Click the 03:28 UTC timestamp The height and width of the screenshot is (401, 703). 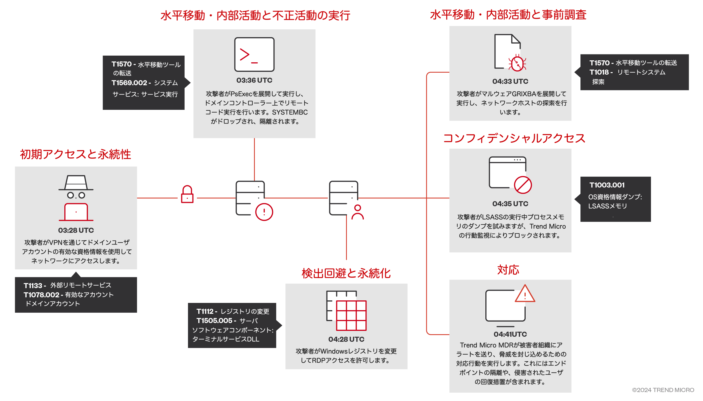76,230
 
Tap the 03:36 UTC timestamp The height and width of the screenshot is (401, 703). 254,80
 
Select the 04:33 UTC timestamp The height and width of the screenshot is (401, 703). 510,81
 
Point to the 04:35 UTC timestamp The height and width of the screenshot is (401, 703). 510,204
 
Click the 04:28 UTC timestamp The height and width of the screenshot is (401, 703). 346,339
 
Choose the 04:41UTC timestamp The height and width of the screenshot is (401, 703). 510,334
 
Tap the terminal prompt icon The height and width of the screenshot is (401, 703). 254,54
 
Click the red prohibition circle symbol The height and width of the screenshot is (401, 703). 523,185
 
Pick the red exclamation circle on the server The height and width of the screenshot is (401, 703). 264,212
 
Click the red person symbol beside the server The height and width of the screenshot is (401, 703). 357,212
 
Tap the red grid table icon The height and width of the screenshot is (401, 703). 351,315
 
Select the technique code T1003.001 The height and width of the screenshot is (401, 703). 607,185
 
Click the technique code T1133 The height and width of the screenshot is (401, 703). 33,286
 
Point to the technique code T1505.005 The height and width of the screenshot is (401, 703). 214,321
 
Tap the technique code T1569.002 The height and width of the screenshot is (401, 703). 129,83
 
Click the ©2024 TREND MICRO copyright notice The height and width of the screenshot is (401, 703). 663,390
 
